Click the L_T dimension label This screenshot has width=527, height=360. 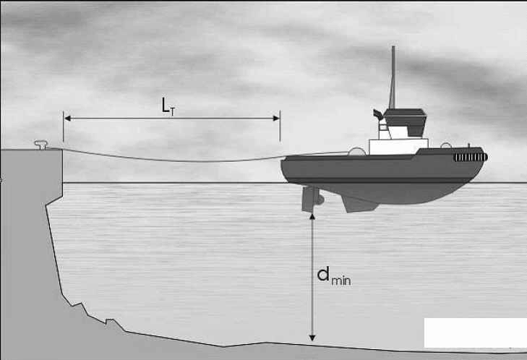pos(168,106)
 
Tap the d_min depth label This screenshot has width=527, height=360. pos(334,276)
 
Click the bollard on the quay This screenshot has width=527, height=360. pos(41,145)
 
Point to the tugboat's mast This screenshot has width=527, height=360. pos(393,77)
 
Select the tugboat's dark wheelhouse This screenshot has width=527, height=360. pos(406,122)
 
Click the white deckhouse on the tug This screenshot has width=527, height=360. pos(398,146)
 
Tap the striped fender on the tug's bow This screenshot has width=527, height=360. pos(471,157)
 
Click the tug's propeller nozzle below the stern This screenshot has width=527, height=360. pos(312,199)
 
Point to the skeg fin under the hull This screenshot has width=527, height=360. pos(360,203)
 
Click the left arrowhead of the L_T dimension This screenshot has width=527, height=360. pos(67,119)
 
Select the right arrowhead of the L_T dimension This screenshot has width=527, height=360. pos(276,119)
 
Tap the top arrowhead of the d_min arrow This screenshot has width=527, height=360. pos(312,216)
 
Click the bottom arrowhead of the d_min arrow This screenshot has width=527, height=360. pos(312,338)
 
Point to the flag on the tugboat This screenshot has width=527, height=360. pos(378,114)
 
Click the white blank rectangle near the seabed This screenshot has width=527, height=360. pos(475,333)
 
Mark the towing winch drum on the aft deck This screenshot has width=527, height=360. pos(357,152)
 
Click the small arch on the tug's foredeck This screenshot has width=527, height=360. pos(445,145)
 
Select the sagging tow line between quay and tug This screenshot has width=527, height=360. pos(168,160)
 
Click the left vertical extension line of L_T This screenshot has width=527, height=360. pos(63,127)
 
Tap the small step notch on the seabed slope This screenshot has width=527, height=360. pos(110,322)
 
